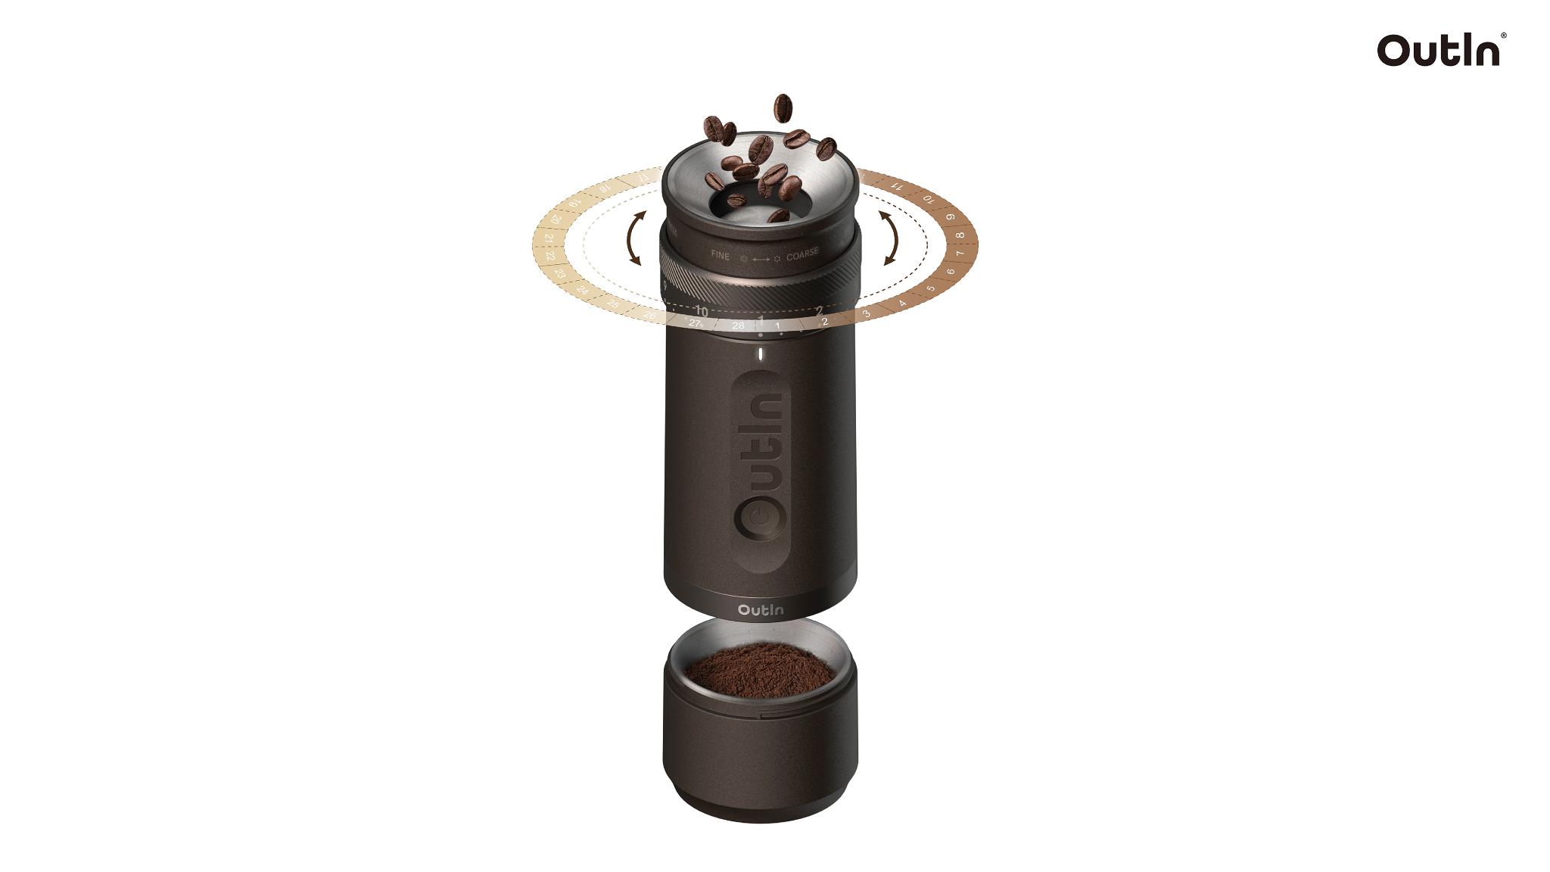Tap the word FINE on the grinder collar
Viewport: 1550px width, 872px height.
pyautogui.click(x=721, y=256)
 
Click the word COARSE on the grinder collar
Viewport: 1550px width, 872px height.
pyautogui.click(x=802, y=256)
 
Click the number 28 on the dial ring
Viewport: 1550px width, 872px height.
pyautogui.click(x=739, y=325)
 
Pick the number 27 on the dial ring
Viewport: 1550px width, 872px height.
pyautogui.click(x=696, y=322)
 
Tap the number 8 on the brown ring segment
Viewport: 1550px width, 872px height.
pyautogui.click(x=960, y=235)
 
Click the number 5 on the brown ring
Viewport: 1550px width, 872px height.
pyautogui.click(x=931, y=288)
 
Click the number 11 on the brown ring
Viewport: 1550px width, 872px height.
pyautogui.click(x=898, y=185)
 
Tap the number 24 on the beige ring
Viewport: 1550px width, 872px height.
pyautogui.click(x=582, y=290)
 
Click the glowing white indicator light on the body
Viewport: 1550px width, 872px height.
pyautogui.click(x=760, y=356)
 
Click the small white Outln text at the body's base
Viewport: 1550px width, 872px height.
pyautogui.click(x=761, y=609)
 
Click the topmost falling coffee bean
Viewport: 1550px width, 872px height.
pyautogui.click(x=783, y=107)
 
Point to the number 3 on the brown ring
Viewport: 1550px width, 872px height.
pyautogui.click(x=867, y=313)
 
